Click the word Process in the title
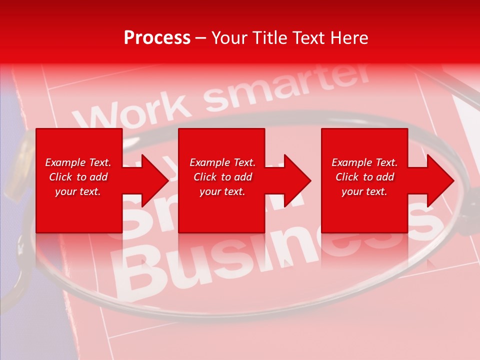click(x=157, y=37)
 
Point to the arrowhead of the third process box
click(x=438, y=180)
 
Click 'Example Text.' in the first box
click(x=78, y=162)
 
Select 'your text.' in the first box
click(x=78, y=191)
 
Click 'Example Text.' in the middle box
click(x=222, y=162)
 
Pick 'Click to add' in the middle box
click(x=222, y=177)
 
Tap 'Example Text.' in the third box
click(x=364, y=162)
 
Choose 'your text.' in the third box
click(x=364, y=191)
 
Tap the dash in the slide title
click(x=200, y=38)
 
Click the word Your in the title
click(x=229, y=37)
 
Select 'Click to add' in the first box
click(x=78, y=177)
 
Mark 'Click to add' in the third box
click(x=364, y=177)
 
